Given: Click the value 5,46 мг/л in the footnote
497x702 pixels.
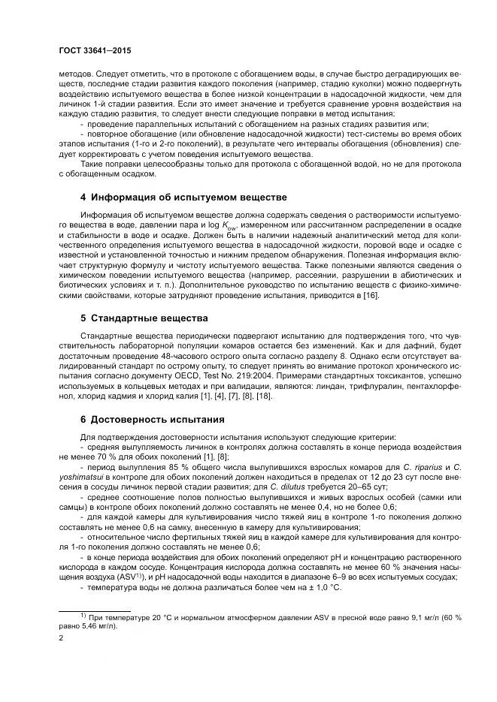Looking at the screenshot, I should click(x=96, y=625).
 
